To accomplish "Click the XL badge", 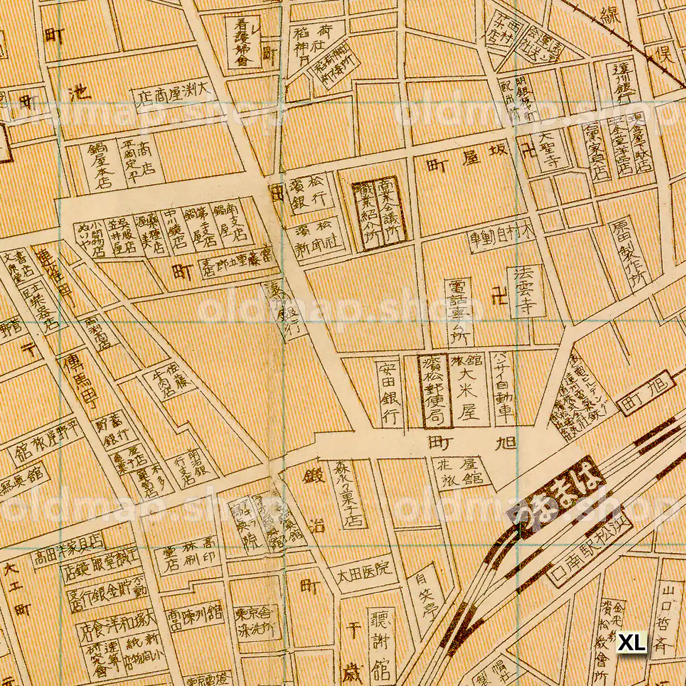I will point(632,641).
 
